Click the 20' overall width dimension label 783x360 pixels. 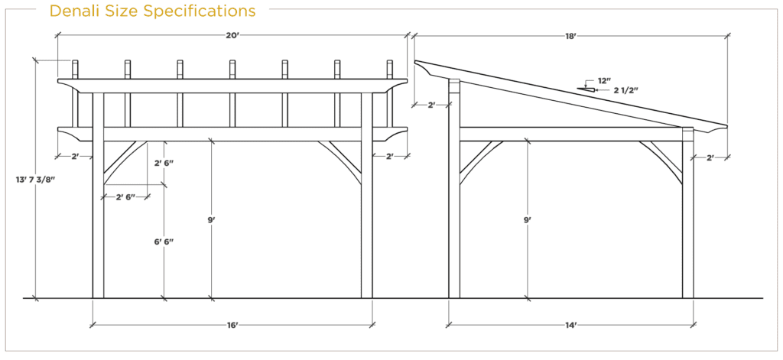[x=232, y=35]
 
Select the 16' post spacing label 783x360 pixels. [x=232, y=326]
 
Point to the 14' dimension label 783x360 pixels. [x=570, y=326]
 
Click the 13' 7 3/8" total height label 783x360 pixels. [x=35, y=179]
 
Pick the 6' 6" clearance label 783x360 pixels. [x=164, y=242]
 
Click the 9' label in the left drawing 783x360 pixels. [x=211, y=219]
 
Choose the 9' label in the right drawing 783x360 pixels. [x=528, y=219]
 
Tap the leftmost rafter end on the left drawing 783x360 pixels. [x=76, y=70]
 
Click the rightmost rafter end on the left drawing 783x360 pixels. [x=389, y=70]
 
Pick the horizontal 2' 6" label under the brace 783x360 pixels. [x=125, y=196]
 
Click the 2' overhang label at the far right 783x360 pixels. [x=710, y=157]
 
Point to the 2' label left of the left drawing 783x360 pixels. [x=75, y=156]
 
